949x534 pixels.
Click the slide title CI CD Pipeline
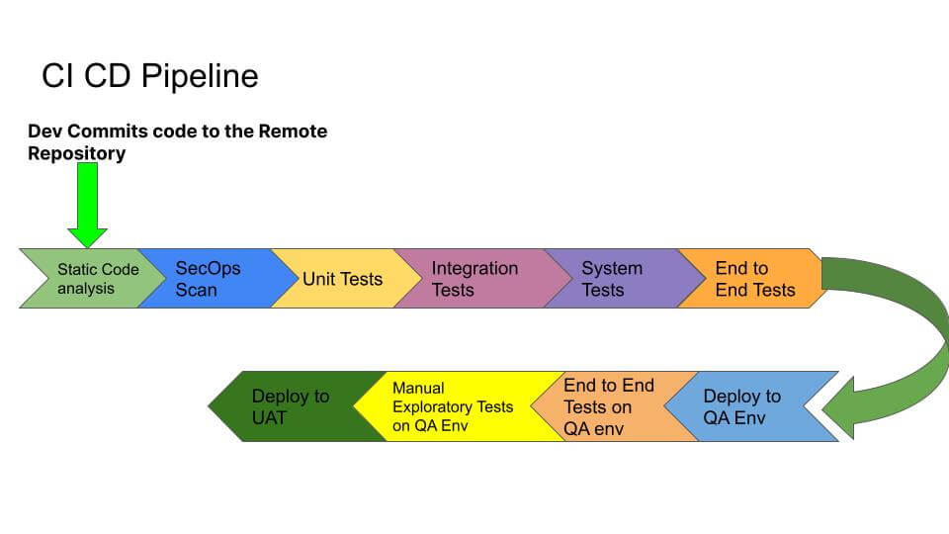coord(149,76)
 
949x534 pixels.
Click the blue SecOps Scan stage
coord(208,279)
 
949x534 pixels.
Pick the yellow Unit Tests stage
coord(341,279)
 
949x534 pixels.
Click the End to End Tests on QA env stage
coord(605,406)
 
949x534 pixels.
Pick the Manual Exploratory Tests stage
coord(452,406)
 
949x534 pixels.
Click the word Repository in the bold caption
coord(76,154)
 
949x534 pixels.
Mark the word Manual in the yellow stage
coord(418,388)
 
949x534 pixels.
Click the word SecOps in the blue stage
coord(208,268)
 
